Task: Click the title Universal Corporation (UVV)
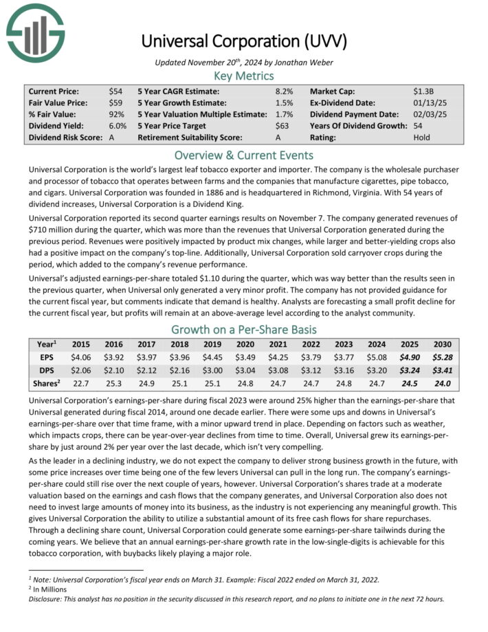point(243,41)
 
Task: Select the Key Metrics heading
point(243,76)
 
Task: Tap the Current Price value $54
point(115,91)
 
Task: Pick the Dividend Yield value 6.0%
point(118,126)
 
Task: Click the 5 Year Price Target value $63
point(282,126)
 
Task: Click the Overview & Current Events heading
point(243,155)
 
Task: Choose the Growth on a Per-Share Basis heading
point(243,329)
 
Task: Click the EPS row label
point(43,358)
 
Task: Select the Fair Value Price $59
point(115,102)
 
